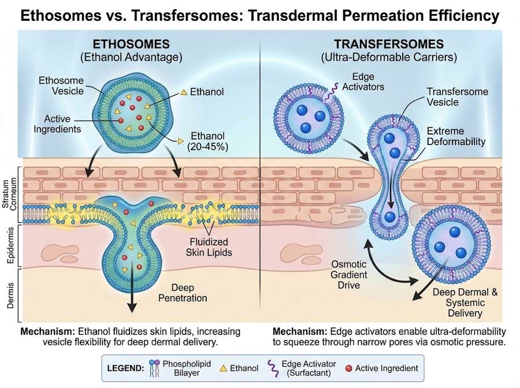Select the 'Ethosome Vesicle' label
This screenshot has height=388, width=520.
pos(61,85)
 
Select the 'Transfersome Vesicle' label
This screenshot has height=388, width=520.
pos(457,97)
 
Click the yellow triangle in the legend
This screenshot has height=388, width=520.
pos(222,367)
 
